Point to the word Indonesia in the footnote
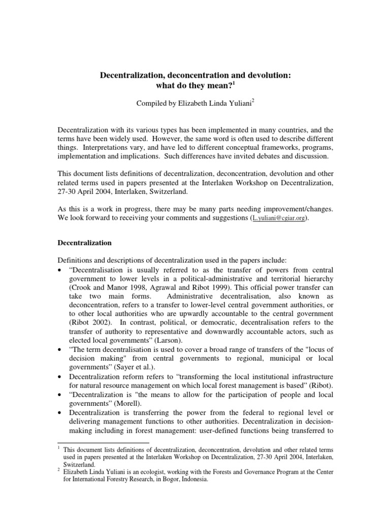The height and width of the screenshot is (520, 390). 189,478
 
